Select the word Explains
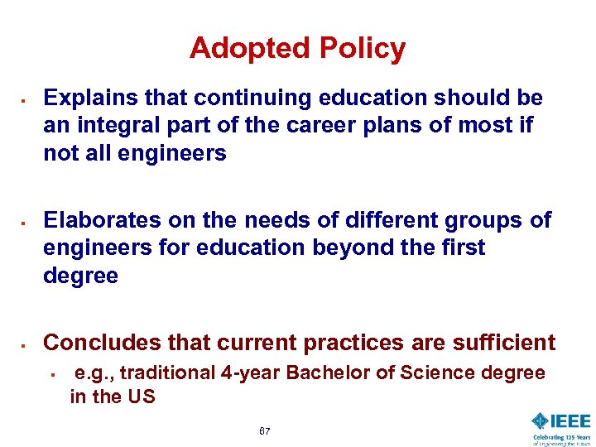point(89,99)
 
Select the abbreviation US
point(140,397)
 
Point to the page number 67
point(264,431)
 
